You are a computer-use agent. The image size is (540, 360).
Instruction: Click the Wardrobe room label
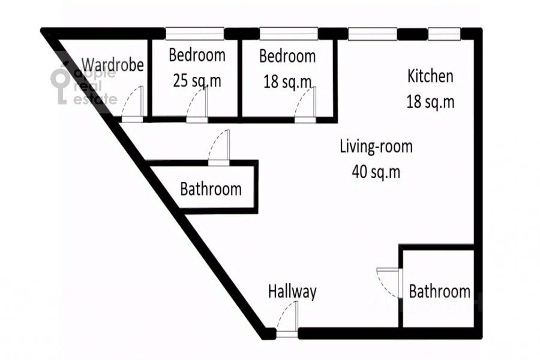(113, 65)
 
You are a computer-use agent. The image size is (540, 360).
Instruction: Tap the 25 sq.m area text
(197, 80)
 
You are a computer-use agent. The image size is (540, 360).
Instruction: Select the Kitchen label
(430, 76)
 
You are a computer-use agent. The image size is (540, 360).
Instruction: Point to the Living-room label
(376, 146)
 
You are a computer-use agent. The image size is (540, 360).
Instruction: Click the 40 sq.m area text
(376, 171)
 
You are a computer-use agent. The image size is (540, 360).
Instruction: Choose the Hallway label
(292, 292)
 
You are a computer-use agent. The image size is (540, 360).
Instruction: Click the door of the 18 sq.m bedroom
(305, 104)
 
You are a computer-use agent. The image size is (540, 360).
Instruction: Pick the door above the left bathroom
(219, 148)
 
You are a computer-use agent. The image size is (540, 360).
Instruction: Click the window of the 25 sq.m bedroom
(195, 34)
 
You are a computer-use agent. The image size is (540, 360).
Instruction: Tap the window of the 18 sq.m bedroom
(289, 34)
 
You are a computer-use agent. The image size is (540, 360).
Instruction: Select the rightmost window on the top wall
(444, 34)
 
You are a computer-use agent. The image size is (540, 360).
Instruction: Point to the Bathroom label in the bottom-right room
(439, 292)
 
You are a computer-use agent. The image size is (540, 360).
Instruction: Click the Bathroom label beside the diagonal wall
(211, 189)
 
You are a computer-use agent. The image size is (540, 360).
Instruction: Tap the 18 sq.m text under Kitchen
(430, 101)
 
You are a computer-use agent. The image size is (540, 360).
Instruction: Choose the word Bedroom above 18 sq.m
(287, 56)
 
